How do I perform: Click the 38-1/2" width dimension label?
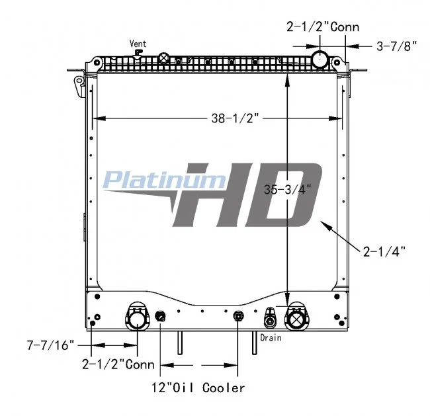click(x=236, y=118)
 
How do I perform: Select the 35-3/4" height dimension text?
click(x=288, y=189)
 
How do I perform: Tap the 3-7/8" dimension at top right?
click(x=396, y=46)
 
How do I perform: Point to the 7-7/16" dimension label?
click(x=50, y=345)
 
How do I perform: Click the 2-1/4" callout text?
click(x=384, y=251)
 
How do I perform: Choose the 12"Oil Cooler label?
click(x=198, y=388)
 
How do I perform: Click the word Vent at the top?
click(x=138, y=44)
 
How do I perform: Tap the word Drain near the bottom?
click(x=271, y=338)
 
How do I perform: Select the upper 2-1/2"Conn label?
click(x=323, y=27)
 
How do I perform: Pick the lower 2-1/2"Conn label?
click(x=118, y=364)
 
